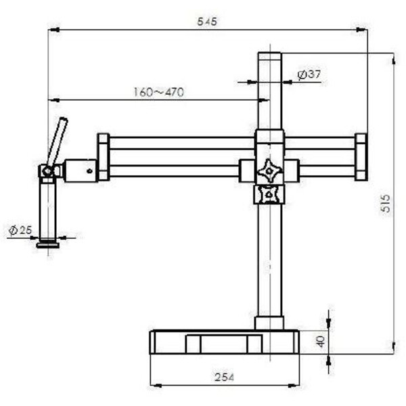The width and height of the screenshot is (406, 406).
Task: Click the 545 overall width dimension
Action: point(206,22)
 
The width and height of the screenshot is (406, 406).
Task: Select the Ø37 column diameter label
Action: point(309,74)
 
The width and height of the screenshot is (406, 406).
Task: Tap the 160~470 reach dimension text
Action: point(158,93)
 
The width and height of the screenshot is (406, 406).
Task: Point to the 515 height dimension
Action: point(385,203)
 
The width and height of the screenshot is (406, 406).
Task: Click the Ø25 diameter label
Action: point(20,231)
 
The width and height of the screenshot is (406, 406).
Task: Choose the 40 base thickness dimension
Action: point(320,341)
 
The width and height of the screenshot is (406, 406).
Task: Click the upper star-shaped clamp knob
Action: point(269,170)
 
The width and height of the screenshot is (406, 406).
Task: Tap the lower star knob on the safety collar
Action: point(269,195)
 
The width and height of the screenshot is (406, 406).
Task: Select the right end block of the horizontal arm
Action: point(361,157)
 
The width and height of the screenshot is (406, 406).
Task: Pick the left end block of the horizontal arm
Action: point(103,157)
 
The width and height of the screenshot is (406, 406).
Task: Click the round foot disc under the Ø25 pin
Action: point(47,245)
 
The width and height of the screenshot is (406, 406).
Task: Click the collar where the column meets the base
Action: point(269,323)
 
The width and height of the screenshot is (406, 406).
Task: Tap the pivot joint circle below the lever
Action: point(47,173)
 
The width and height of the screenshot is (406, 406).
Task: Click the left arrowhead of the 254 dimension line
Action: point(154,385)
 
